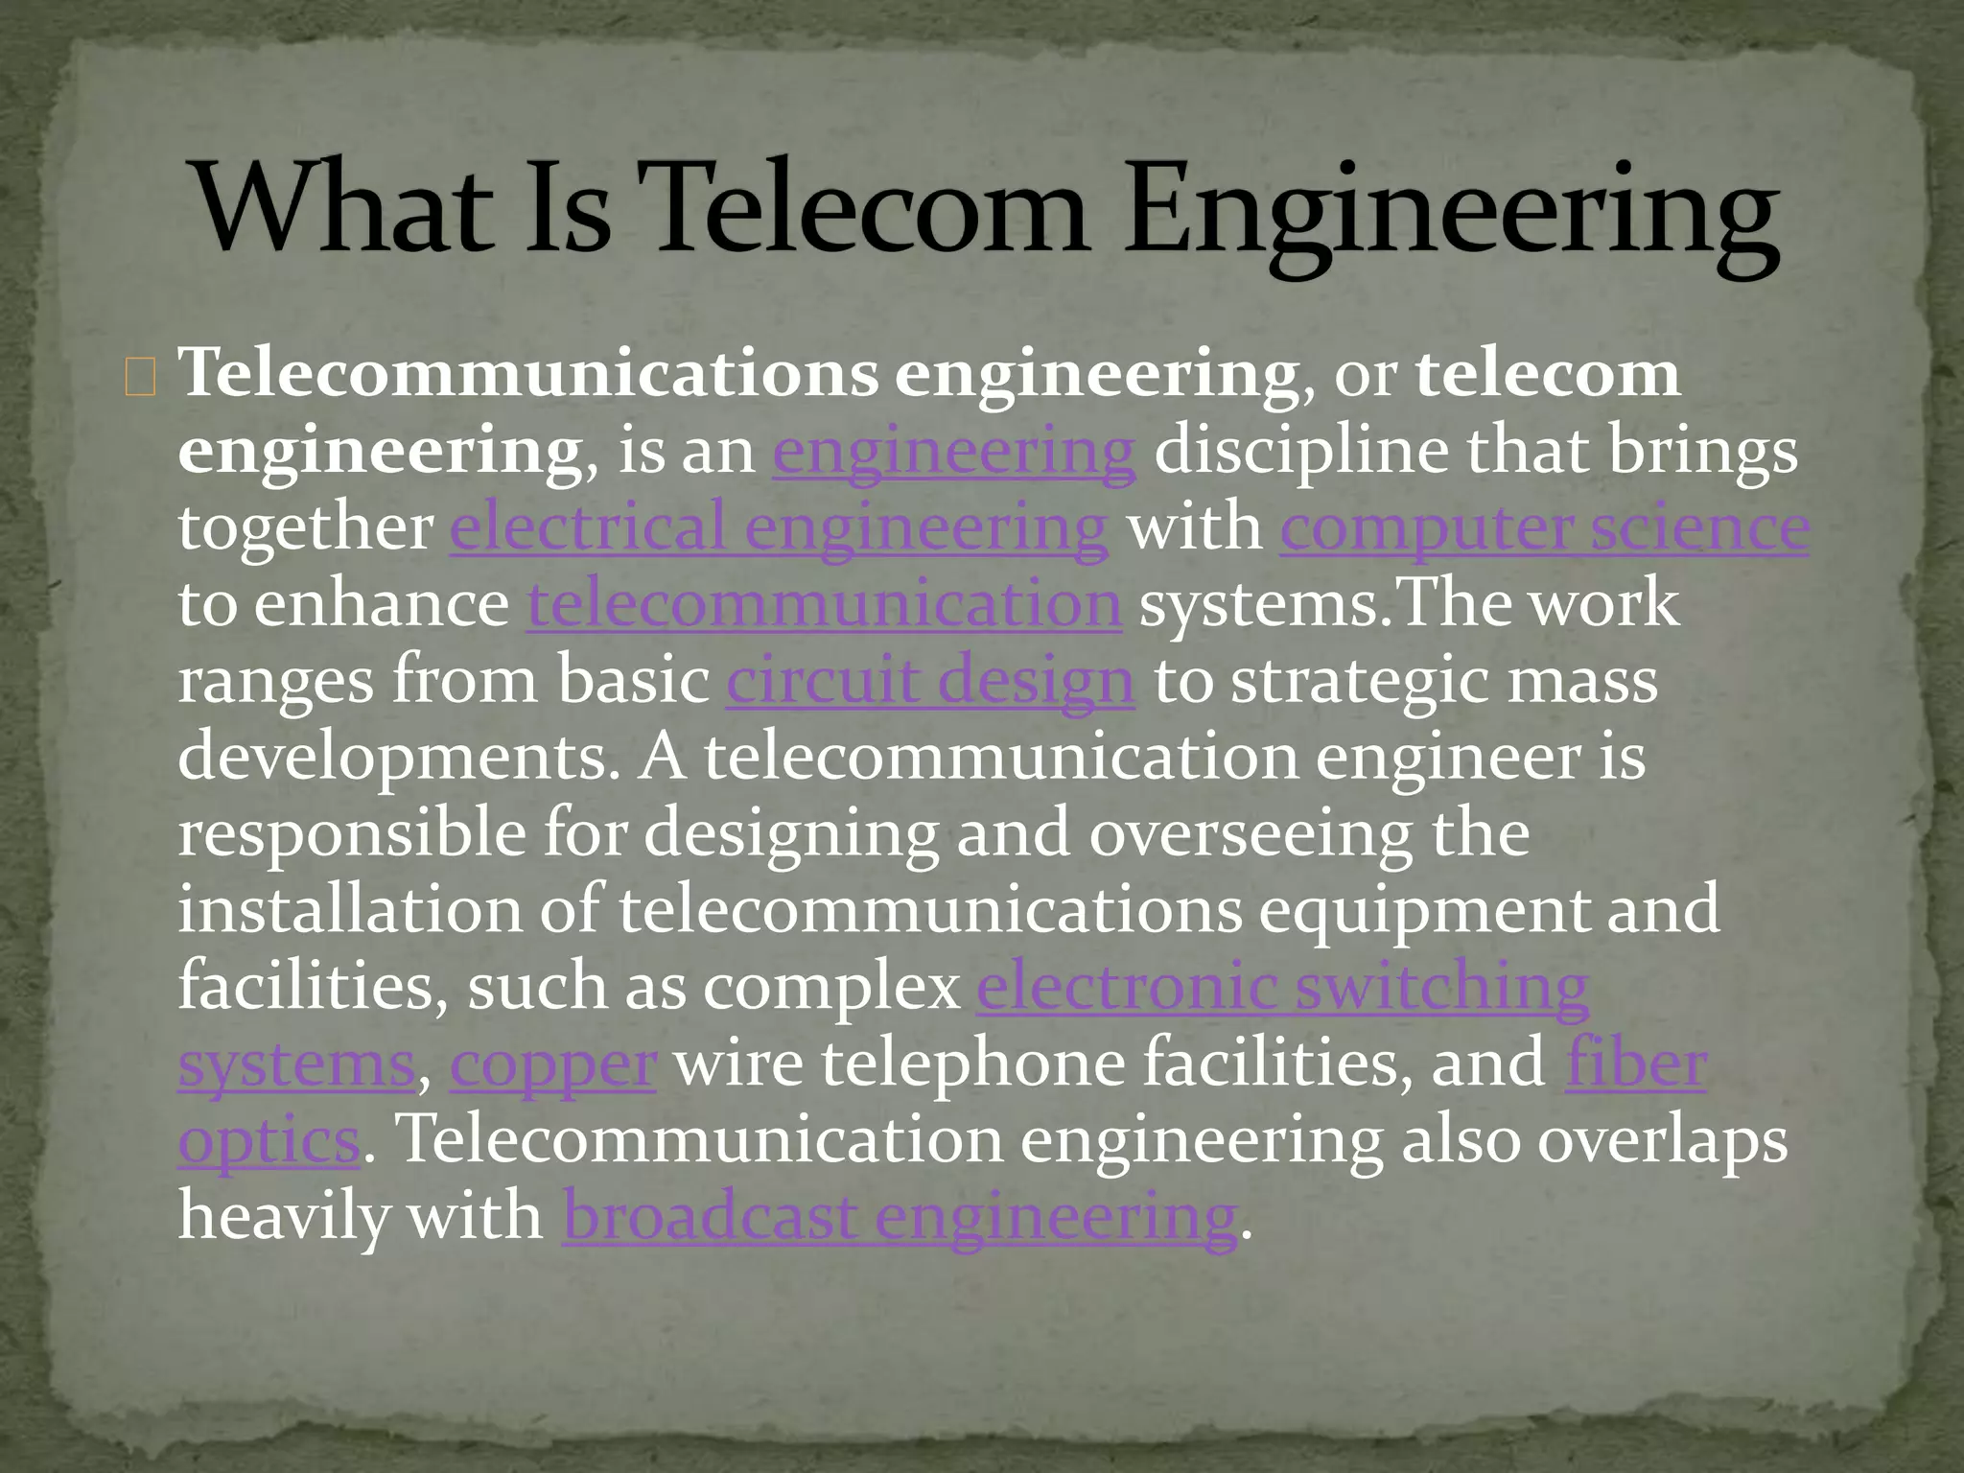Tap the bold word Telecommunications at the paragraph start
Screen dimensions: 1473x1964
click(527, 373)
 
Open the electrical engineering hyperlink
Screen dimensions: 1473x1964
click(779, 527)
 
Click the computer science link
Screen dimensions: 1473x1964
click(1544, 527)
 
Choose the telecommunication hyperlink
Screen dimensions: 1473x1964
click(824, 604)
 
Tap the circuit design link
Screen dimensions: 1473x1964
click(930, 681)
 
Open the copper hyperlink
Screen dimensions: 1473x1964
click(552, 1064)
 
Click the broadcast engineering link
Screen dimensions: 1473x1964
click(900, 1217)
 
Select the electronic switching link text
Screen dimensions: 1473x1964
click(1282, 987)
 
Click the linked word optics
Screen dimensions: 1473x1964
click(269, 1141)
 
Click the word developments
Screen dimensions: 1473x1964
click(398, 758)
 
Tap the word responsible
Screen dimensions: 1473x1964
click(351, 833)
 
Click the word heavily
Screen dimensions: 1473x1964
click(283, 1217)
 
